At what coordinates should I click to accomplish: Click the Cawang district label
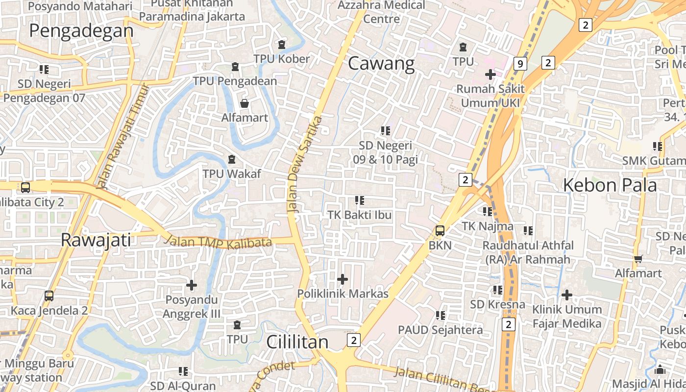pos(381,64)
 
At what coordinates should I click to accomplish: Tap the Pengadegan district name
pos(81,31)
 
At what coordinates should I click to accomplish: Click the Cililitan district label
pos(297,342)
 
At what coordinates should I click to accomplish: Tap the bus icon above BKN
pos(440,230)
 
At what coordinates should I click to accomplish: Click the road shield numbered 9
pos(520,63)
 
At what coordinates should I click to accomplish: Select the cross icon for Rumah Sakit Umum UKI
pos(490,74)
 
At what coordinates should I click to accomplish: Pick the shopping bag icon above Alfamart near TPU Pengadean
pos(244,103)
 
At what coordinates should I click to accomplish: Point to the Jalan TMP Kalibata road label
pos(218,242)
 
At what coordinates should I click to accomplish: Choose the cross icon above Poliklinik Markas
pos(343,279)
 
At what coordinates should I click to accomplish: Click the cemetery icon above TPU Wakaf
pos(232,159)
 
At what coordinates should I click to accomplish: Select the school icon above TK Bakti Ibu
pos(360,200)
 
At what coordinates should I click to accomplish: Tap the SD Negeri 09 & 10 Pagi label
pos(385,152)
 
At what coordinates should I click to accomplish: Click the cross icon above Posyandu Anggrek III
pos(192,285)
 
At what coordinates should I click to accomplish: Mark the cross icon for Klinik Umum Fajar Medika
pos(567,295)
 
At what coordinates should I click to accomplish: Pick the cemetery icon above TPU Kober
pos(282,45)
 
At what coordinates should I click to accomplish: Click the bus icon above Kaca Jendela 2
pos(49,295)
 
